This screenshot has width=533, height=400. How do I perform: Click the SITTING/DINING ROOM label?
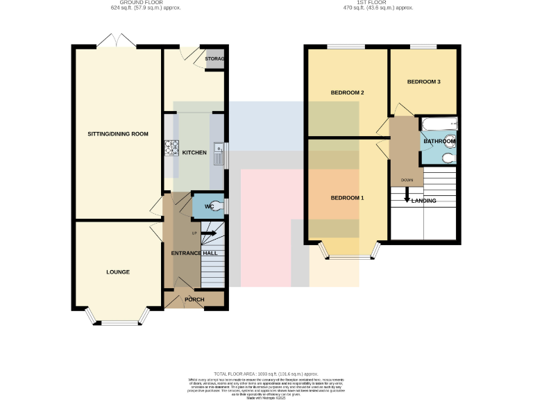point(118,133)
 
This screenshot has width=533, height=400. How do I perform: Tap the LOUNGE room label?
point(118,272)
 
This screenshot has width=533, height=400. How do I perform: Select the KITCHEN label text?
point(194,152)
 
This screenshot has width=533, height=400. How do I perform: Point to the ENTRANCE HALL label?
point(194,253)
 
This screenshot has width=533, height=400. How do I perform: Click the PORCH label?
point(194,299)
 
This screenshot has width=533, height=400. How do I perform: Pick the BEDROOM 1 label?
point(347,198)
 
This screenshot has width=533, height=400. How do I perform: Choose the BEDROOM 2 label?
point(347,92)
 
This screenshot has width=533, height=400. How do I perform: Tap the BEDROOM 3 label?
point(423,82)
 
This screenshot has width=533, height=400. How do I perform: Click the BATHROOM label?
point(439,142)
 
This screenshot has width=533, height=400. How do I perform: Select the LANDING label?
point(424,201)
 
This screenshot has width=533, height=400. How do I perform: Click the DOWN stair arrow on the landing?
point(407,196)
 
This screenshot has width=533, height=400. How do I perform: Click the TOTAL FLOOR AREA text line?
point(266,374)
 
